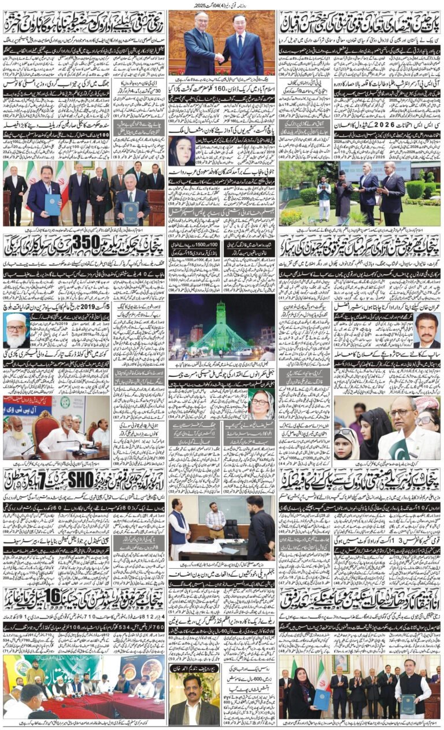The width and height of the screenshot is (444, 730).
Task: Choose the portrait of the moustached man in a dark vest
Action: pyautogui.click(x=428, y=331)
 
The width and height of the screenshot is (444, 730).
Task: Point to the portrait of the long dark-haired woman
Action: pyautogui.click(x=180, y=151)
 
